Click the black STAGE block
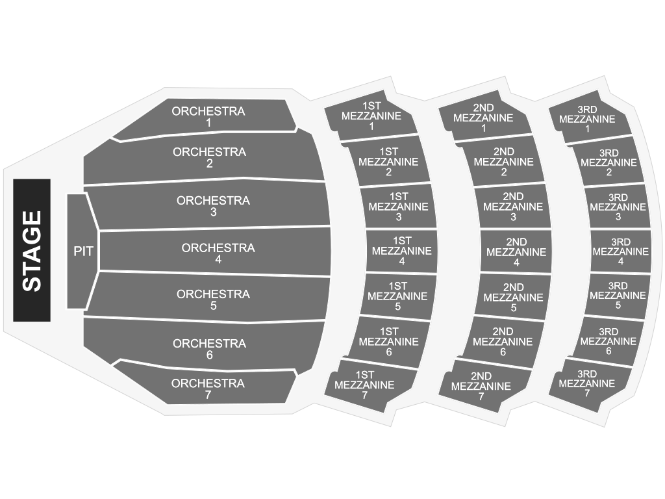(x=32, y=250)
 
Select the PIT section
(x=82, y=251)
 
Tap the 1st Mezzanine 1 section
(x=370, y=116)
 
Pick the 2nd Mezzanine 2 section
(x=503, y=162)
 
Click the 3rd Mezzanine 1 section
(x=590, y=118)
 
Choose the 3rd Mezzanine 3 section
(x=618, y=207)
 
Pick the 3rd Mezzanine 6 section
(x=607, y=341)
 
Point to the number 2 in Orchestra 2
(x=210, y=164)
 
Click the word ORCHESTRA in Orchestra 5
(x=213, y=294)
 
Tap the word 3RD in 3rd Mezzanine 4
(x=621, y=242)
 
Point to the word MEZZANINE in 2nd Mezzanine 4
(x=516, y=252)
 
